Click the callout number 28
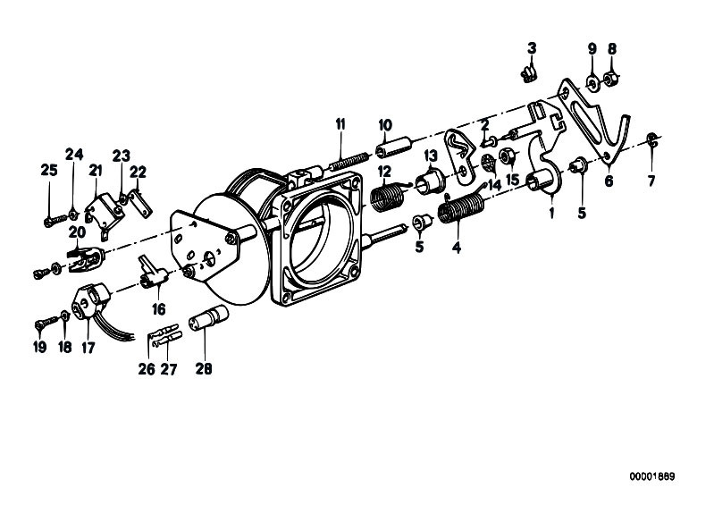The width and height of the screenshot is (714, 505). click(204, 368)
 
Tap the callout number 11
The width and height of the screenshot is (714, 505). click(340, 124)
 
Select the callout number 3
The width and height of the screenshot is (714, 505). click(532, 48)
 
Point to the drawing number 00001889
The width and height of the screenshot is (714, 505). click(652, 476)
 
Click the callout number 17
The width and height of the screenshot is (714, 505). click(88, 348)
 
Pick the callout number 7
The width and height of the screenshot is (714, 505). click(651, 181)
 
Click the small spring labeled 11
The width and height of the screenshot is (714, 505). click(349, 161)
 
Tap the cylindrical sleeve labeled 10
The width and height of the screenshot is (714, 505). click(394, 145)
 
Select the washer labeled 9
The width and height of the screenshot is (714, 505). click(592, 81)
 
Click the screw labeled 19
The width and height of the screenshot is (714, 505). click(45, 323)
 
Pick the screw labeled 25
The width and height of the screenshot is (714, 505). click(55, 221)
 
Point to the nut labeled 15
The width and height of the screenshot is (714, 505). click(507, 156)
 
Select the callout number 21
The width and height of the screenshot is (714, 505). click(95, 171)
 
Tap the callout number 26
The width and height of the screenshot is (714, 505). click(147, 369)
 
